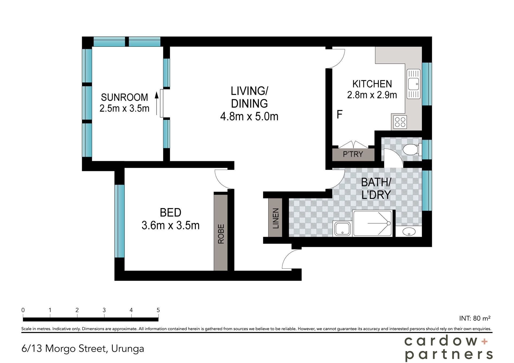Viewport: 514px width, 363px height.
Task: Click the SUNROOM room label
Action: (x=124, y=97)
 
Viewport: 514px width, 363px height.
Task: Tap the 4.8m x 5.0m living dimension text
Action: (x=249, y=116)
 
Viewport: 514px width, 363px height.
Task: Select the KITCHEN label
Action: (x=372, y=84)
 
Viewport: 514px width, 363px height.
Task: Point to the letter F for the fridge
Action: (x=339, y=114)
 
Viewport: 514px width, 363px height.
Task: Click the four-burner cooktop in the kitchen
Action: (x=400, y=122)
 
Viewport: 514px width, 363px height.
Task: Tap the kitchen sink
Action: (x=413, y=84)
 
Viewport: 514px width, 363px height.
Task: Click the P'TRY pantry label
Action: (x=353, y=154)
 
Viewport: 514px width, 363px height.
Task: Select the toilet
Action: (x=412, y=150)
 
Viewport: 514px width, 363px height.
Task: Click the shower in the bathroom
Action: (x=372, y=223)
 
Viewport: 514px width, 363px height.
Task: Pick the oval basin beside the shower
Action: (x=409, y=231)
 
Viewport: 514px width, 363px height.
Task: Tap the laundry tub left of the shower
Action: (x=342, y=229)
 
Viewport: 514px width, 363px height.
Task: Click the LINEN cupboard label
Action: (x=276, y=218)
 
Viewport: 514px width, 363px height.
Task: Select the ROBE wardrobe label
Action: (x=221, y=234)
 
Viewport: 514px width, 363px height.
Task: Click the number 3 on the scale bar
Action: (x=104, y=310)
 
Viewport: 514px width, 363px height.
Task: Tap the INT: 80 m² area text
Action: (x=475, y=318)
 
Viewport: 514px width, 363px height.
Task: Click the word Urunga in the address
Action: (x=127, y=349)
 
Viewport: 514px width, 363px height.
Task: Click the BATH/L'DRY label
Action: (x=376, y=188)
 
